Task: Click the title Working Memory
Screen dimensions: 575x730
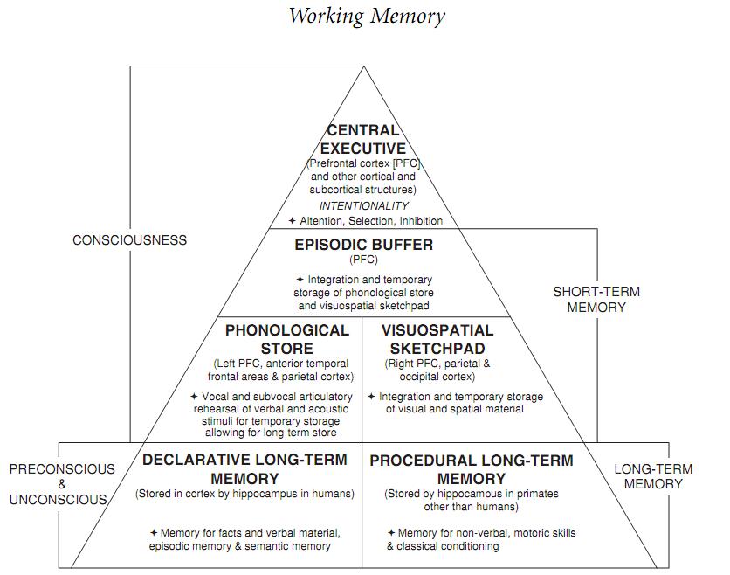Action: click(x=367, y=17)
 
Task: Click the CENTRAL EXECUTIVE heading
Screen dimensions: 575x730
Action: click(x=363, y=140)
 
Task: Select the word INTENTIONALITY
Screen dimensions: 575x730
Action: click(x=363, y=205)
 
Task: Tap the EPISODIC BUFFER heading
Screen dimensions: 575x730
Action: click(x=363, y=245)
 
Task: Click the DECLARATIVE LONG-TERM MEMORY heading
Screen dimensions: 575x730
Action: click(x=244, y=469)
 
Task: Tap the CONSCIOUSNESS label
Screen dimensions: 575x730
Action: click(x=129, y=239)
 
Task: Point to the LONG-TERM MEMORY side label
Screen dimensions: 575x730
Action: click(x=653, y=476)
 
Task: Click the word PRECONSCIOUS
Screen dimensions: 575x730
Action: click(x=62, y=469)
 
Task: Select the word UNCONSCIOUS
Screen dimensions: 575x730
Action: click(x=59, y=500)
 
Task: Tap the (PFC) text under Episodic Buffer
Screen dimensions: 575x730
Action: click(x=363, y=260)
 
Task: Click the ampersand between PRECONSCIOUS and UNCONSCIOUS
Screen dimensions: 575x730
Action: click(x=62, y=484)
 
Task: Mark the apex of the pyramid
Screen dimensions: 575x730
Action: click(x=363, y=66)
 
